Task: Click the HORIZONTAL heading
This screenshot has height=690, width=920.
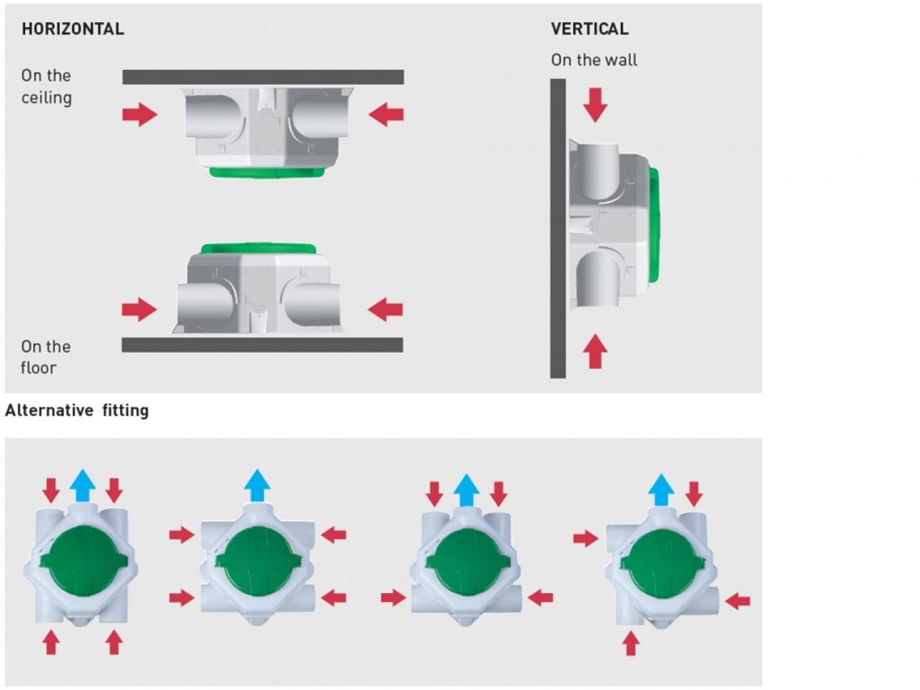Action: [73, 29]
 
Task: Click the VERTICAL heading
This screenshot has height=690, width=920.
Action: [590, 29]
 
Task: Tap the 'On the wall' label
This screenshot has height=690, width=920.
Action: [594, 60]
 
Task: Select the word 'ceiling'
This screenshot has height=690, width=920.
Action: [47, 98]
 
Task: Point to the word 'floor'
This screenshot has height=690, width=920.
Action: [39, 367]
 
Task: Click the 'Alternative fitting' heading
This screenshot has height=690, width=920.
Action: [77, 410]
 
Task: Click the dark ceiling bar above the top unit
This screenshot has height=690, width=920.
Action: [263, 77]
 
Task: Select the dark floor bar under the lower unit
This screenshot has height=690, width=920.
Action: [263, 345]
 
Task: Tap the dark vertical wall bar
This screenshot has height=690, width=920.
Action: [558, 229]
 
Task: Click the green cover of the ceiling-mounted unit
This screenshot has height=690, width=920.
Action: [267, 172]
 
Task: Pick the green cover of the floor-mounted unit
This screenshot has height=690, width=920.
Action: [258, 248]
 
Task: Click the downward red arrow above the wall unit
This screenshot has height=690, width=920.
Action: [595, 105]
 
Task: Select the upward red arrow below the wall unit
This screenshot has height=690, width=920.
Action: [595, 351]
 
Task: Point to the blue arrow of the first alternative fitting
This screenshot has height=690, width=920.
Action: [83, 485]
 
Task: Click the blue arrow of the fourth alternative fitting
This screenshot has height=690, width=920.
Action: [661, 490]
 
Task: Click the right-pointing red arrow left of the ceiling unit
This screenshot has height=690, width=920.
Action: [140, 114]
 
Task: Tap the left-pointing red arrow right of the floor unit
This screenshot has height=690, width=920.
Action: [385, 310]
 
